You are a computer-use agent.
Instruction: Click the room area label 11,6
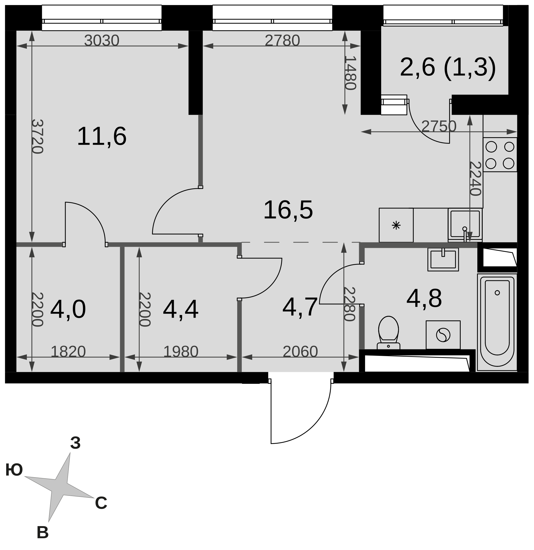[x=102, y=137]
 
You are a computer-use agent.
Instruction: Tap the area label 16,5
[x=288, y=210]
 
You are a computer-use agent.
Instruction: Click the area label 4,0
[x=68, y=310]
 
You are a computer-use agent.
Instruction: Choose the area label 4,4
[x=181, y=310]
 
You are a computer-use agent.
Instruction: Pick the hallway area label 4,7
[x=300, y=307]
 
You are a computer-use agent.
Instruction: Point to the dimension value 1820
[x=68, y=352]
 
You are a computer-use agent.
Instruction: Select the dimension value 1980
[x=181, y=352]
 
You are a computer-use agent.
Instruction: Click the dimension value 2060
[x=300, y=352]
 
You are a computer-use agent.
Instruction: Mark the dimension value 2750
[x=439, y=126]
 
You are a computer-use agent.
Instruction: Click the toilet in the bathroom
[x=388, y=332]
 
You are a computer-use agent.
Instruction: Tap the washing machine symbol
[x=443, y=335]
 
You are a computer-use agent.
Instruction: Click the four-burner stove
[x=500, y=155]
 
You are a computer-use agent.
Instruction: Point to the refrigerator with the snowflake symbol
[x=396, y=225]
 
